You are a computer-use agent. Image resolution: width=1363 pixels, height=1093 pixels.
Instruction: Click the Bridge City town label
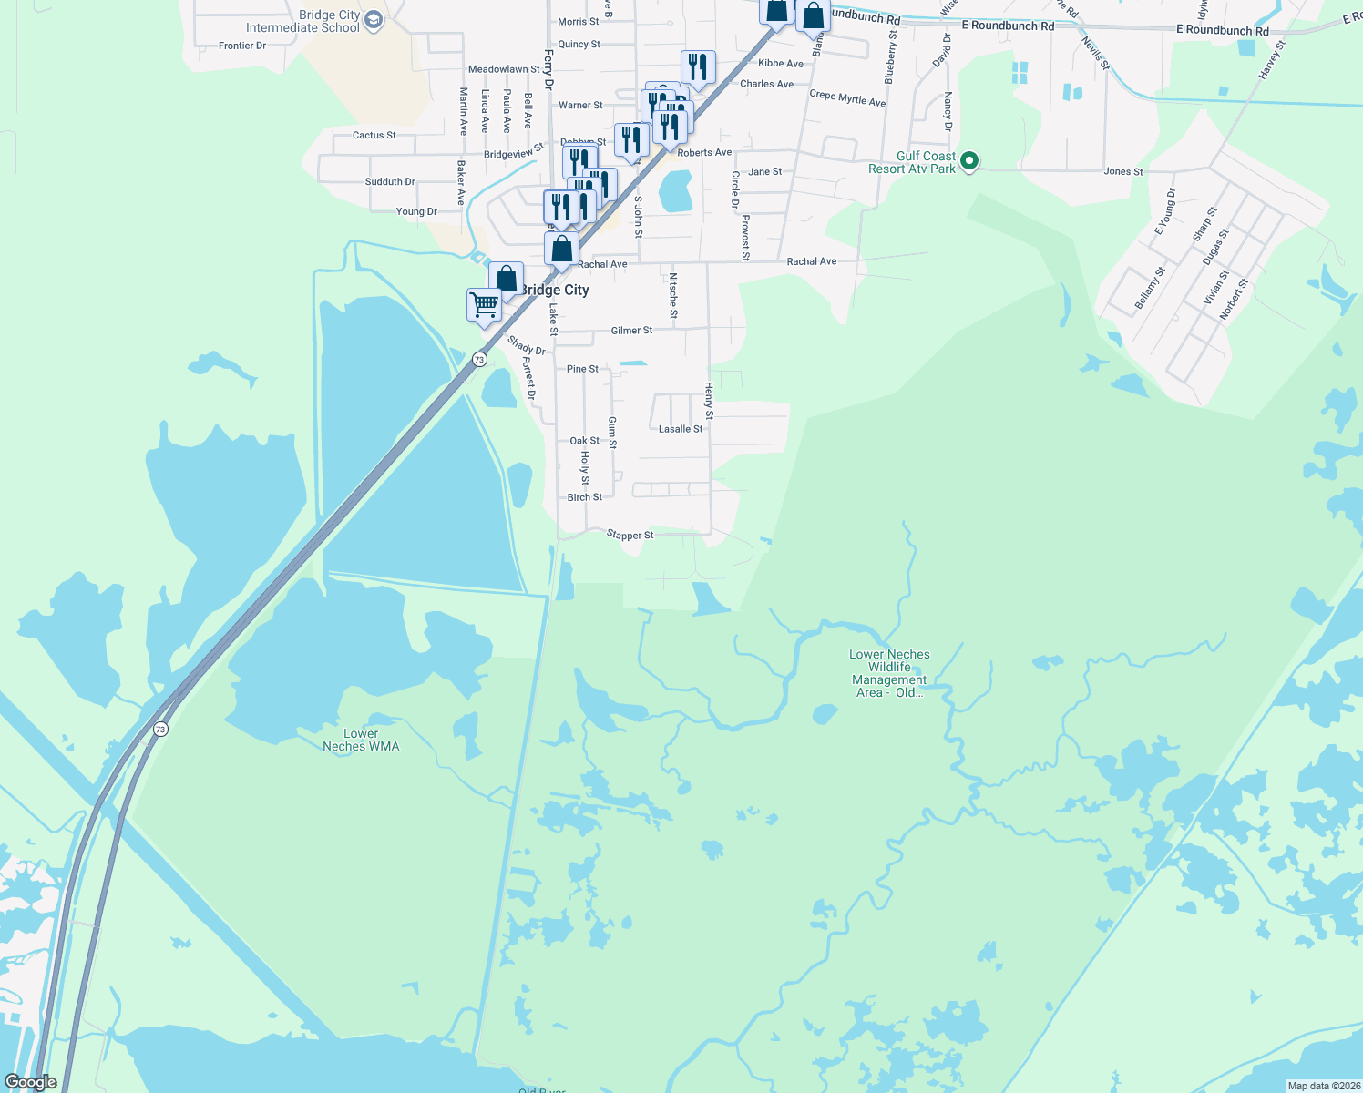pos(554,290)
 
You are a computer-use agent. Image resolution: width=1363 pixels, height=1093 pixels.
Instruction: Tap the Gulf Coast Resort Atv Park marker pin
pos(970,162)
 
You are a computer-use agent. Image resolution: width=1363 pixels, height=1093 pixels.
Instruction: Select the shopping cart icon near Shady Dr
pos(484,303)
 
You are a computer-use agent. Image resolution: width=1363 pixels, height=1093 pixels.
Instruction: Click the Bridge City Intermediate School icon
pos(374,20)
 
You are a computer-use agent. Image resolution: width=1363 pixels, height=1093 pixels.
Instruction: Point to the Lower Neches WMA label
pos(361,740)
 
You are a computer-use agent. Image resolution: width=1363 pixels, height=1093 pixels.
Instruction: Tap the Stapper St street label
pos(630,536)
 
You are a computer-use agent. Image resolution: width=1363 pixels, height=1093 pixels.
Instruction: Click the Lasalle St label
pos(681,429)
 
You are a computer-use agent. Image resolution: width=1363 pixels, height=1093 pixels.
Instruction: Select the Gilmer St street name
pos(631,331)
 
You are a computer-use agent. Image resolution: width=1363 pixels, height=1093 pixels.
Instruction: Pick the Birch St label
pos(585,497)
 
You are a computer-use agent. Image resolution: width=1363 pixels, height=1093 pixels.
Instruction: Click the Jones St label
pos(1123,171)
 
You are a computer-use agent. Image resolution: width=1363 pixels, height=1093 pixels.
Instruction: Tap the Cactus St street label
pos(374,136)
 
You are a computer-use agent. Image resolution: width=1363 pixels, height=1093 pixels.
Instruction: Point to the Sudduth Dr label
pos(390,182)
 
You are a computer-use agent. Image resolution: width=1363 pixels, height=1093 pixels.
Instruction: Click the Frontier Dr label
pos(242,46)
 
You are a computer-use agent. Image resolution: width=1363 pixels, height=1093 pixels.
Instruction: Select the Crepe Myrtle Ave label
pos(847,98)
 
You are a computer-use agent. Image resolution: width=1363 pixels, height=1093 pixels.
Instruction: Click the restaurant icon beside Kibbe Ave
pos(698,66)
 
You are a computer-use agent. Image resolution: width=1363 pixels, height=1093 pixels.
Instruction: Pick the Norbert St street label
pos(1234,300)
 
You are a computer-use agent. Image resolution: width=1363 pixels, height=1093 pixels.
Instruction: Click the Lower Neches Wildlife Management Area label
pos(889,673)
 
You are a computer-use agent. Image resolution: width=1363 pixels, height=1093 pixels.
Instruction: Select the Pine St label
pos(583,369)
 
